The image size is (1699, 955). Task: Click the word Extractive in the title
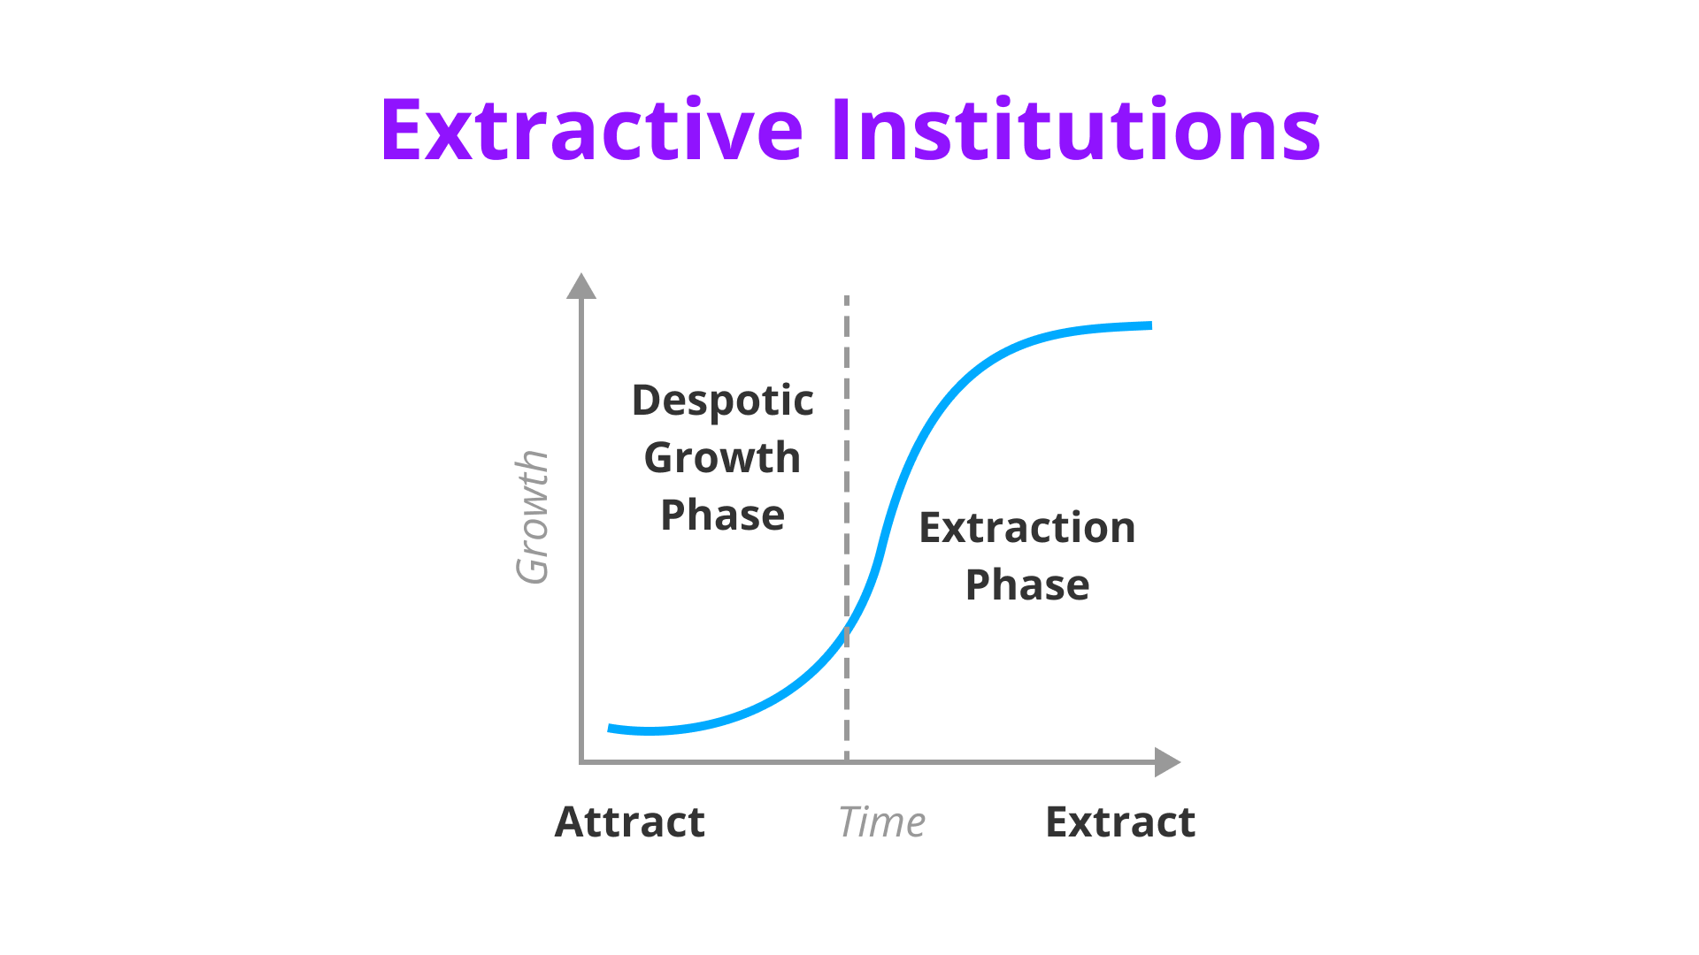(x=592, y=130)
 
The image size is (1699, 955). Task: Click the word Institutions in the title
(x=1076, y=130)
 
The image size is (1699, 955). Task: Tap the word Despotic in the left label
(x=722, y=401)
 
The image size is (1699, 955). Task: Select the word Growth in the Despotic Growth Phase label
(x=722, y=458)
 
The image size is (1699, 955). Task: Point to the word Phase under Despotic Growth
(x=722, y=515)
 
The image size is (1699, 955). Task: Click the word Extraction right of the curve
(x=1027, y=528)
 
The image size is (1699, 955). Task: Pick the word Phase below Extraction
(x=1027, y=585)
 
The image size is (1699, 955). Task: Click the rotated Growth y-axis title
(x=533, y=517)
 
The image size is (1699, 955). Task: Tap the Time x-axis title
(x=881, y=822)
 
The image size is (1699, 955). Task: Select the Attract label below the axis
(x=630, y=822)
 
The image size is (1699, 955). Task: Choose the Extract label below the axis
(x=1120, y=822)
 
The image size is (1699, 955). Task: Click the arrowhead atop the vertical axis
(x=581, y=286)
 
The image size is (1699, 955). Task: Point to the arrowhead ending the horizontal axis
(x=1168, y=762)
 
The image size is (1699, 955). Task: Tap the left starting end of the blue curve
(x=609, y=729)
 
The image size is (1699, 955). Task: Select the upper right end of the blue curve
(x=1151, y=325)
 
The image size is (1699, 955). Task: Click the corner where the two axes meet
(x=581, y=761)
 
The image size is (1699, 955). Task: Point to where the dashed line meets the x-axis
(x=847, y=761)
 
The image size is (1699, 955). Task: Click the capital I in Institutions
(x=841, y=130)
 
